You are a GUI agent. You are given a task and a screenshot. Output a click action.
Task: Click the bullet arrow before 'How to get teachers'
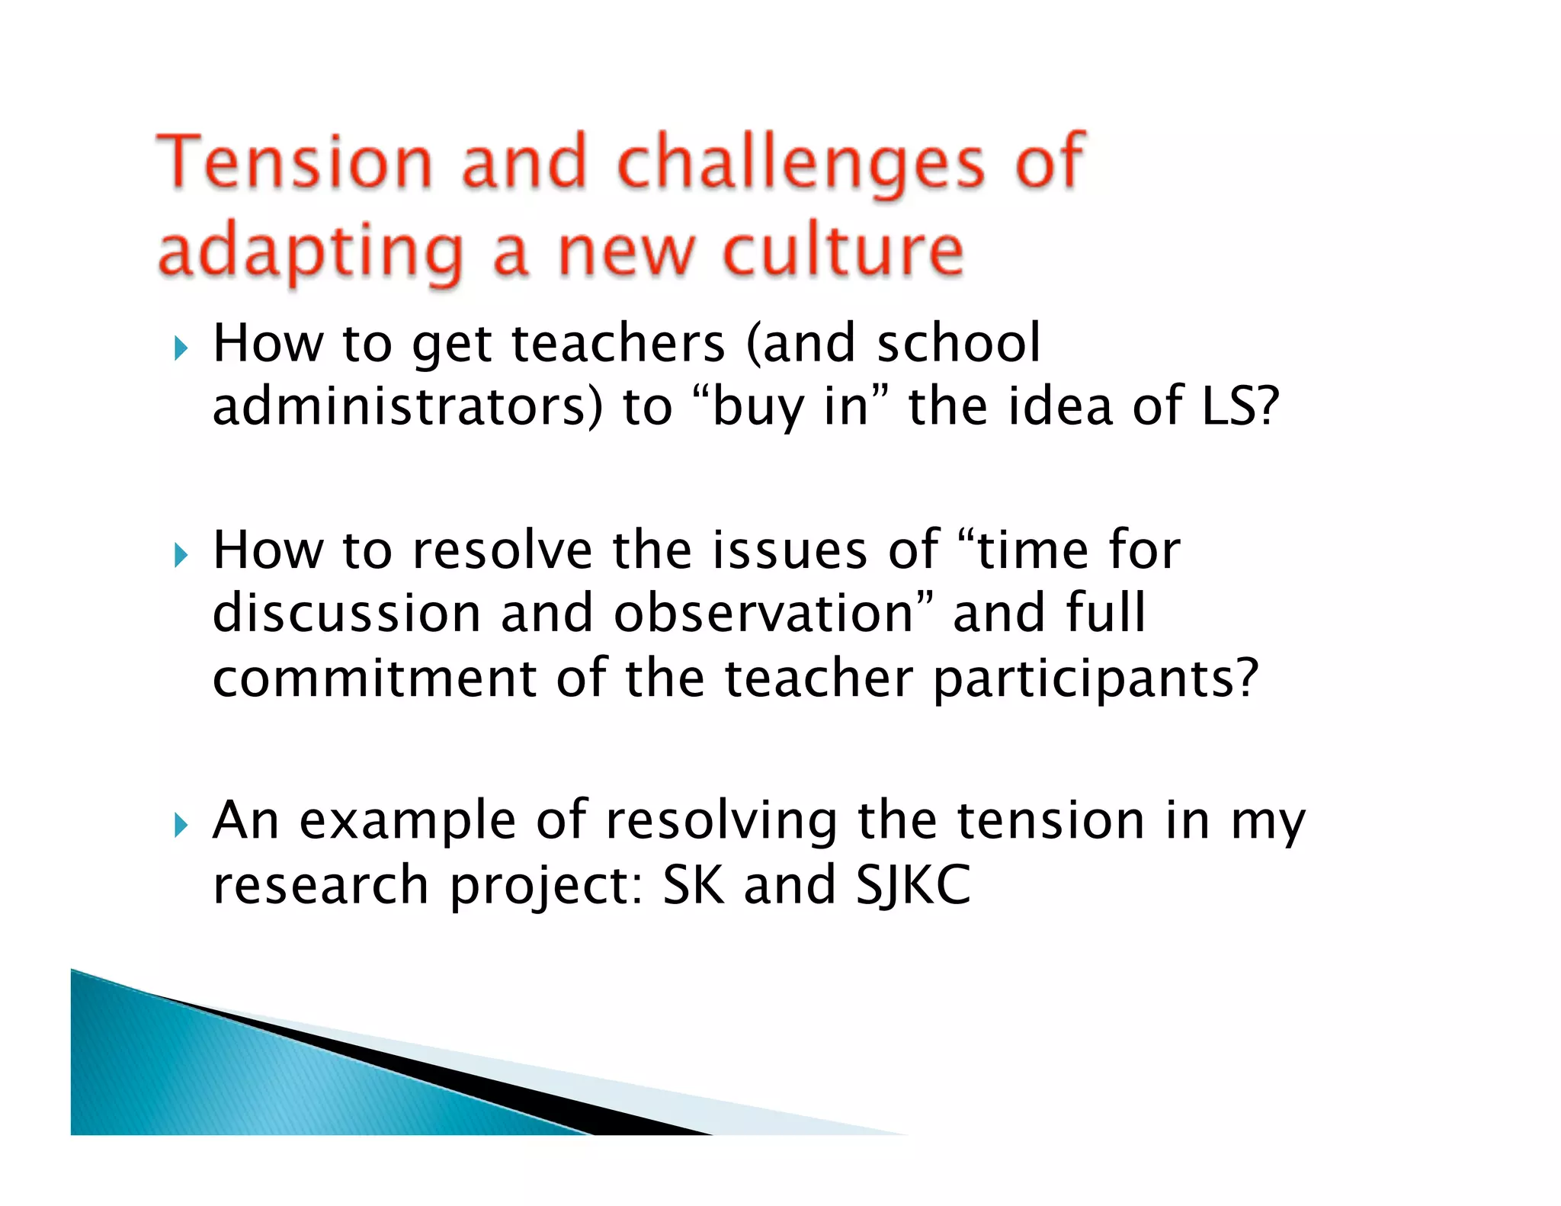click(x=181, y=349)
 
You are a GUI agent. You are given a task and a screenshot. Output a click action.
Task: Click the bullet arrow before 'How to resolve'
click(x=181, y=555)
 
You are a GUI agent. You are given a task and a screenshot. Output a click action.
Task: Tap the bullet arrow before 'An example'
click(x=181, y=825)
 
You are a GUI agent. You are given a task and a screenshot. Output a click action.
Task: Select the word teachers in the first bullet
click(x=617, y=343)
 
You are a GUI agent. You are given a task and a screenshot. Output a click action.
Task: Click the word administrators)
click(x=407, y=406)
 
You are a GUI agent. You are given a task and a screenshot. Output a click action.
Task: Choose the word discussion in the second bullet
click(x=346, y=613)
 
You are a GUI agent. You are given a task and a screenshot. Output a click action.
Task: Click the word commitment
click(x=374, y=678)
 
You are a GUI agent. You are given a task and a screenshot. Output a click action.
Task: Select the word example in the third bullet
click(x=408, y=822)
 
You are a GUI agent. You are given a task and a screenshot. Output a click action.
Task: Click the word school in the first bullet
click(x=958, y=343)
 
